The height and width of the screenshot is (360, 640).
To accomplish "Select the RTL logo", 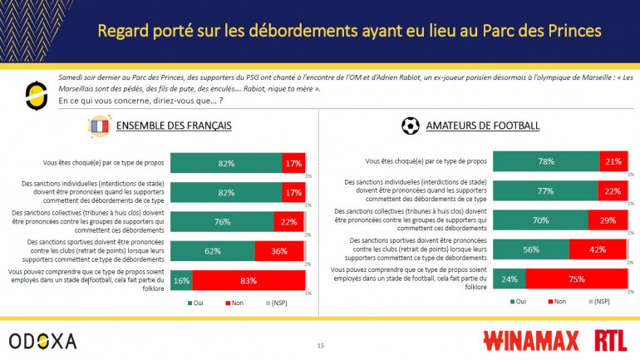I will [610, 340].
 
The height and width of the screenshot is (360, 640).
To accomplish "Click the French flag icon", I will [99, 127].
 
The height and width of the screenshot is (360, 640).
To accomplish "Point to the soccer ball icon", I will [411, 126].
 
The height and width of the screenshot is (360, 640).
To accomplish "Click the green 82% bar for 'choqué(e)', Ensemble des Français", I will [226, 163].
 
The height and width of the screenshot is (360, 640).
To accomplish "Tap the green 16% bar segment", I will [182, 280].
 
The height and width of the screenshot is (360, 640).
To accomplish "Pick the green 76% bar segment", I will [222, 221].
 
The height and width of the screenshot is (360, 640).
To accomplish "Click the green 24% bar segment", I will [510, 279].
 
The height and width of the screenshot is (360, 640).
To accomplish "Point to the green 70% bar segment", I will [540, 220].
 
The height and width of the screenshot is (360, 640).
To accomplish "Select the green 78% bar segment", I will [546, 162].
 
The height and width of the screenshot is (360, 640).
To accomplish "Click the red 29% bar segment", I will [608, 220].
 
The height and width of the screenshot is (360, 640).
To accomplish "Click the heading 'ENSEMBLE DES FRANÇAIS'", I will [173, 126].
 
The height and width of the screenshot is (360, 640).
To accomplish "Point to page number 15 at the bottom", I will [320, 345].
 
